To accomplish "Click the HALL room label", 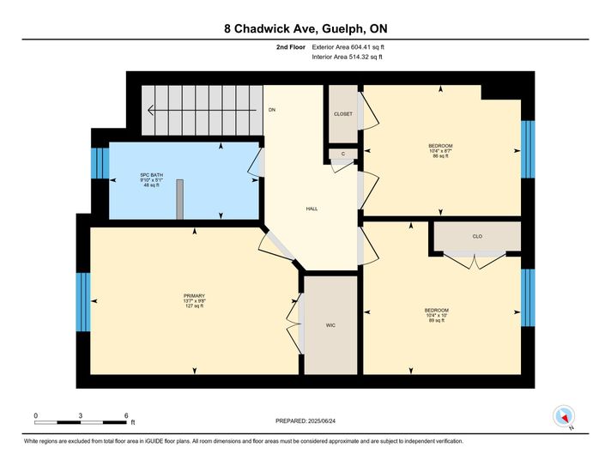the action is (x=312, y=209).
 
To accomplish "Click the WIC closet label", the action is (x=330, y=325).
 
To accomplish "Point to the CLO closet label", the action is (x=477, y=237).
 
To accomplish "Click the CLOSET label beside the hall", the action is (x=343, y=114).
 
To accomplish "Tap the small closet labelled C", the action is (x=343, y=154).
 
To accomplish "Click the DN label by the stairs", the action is (x=272, y=110).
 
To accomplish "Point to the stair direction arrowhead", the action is (x=151, y=111).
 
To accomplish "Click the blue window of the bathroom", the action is (x=100, y=163).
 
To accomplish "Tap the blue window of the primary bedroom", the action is (x=83, y=302).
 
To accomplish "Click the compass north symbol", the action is (x=564, y=416).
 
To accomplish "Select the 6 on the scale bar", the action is (x=126, y=416).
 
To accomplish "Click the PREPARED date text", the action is (x=305, y=421).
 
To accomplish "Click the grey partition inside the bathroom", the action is (x=179, y=199).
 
